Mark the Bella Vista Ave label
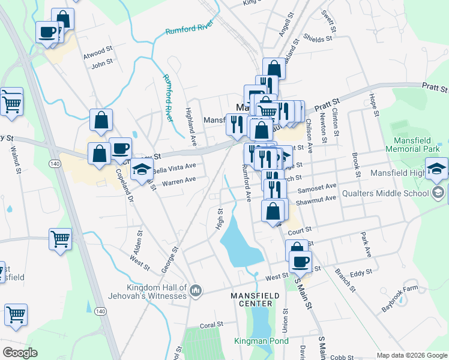click(x=174, y=167)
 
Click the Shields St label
click(x=318, y=39)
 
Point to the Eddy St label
click(x=361, y=273)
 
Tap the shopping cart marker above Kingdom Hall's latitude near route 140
click(x=60, y=239)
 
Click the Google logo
click(x=20, y=353)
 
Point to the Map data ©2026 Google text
click(x=411, y=355)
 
